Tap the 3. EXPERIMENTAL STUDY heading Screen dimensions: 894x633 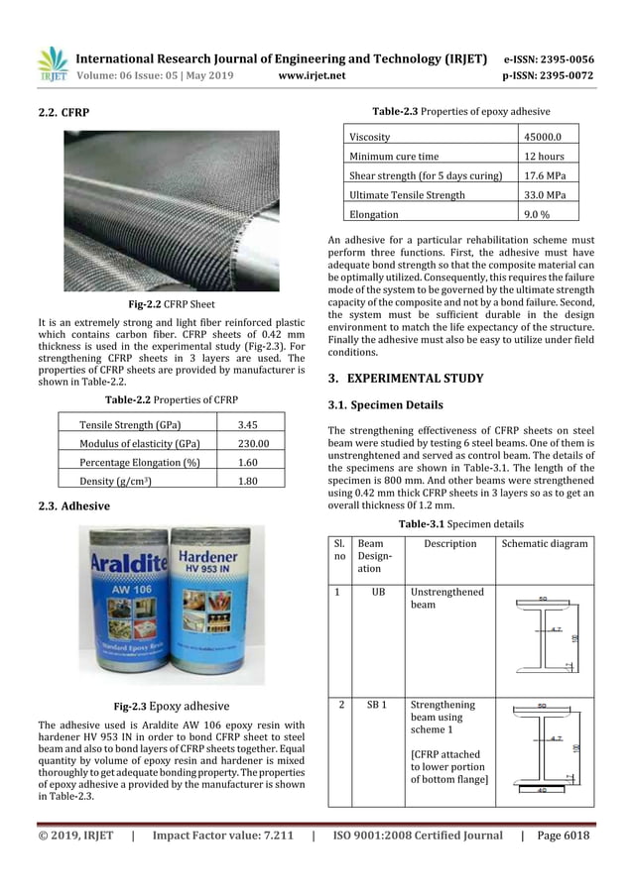coord(406,378)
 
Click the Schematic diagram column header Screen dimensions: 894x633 coord(544,543)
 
